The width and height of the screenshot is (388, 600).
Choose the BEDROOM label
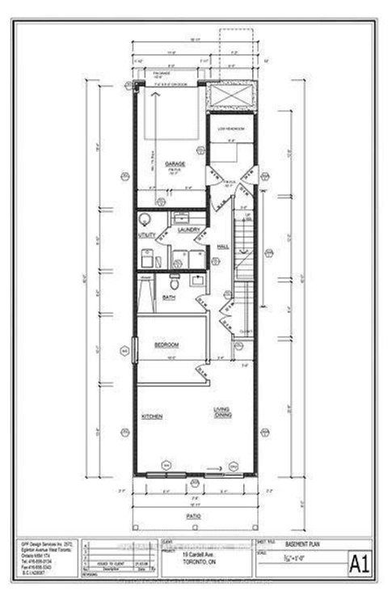(x=167, y=345)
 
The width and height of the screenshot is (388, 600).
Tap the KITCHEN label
(x=153, y=416)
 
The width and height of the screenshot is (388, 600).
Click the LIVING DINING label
(x=223, y=412)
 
